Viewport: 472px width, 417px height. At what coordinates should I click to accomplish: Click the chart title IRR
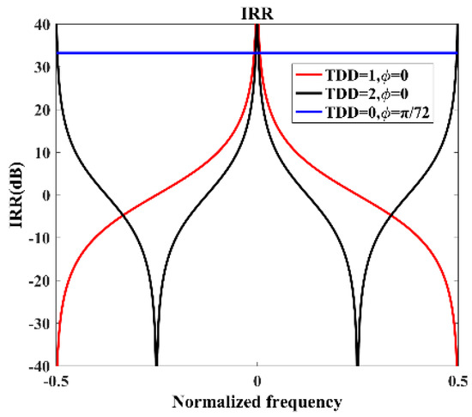(257, 10)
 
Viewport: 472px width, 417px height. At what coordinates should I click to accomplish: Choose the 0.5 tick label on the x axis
(457, 381)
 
